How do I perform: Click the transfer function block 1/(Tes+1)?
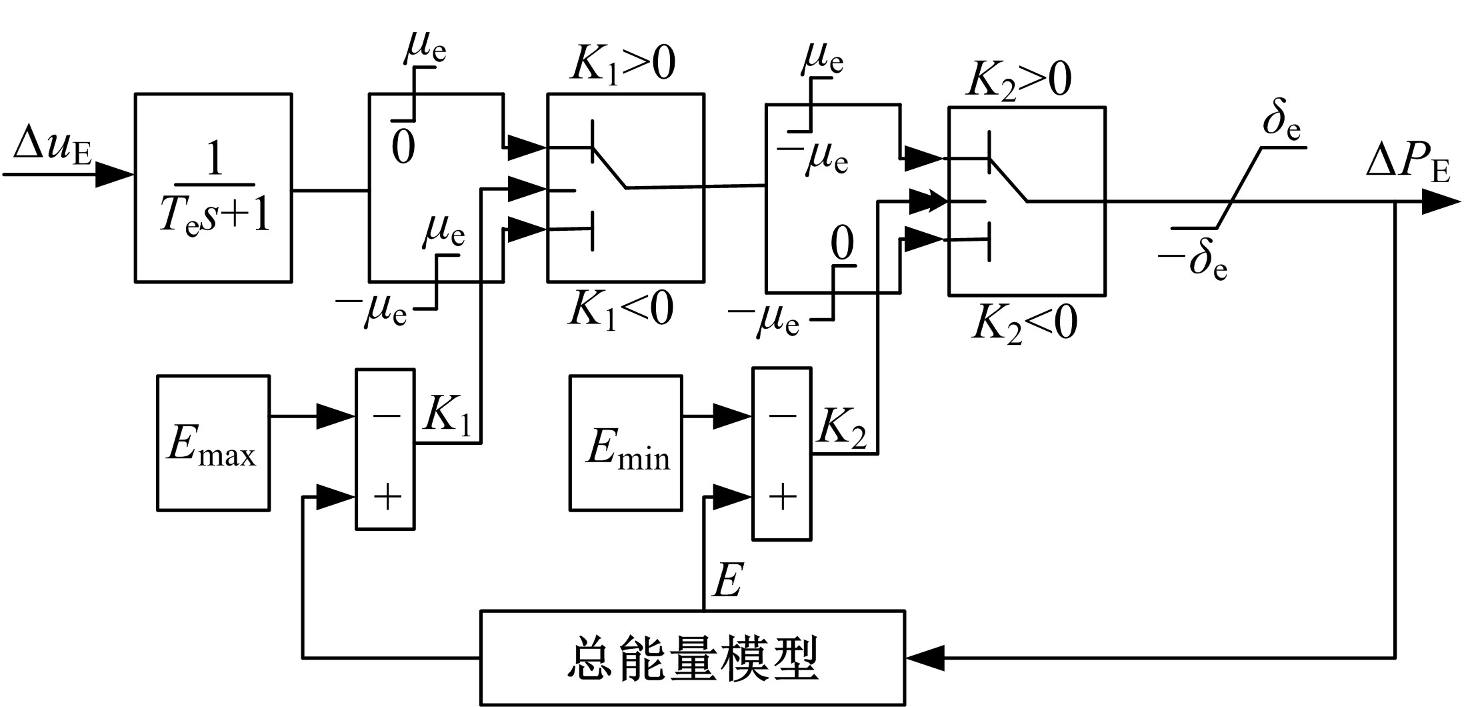(213, 188)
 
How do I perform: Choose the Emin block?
(625, 444)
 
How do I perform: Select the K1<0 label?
(621, 309)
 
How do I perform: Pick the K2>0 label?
(1019, 80)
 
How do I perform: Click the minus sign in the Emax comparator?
(387, 416)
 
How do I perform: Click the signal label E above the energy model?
(727, 581)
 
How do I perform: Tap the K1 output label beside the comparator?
(447, 416)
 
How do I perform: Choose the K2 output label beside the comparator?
(842, 427)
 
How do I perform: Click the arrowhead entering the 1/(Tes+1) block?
(115, 175)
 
